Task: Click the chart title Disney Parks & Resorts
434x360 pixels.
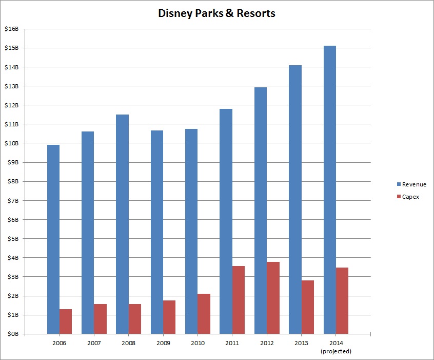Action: coord(216,14)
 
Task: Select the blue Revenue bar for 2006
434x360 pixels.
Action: coord(53,239)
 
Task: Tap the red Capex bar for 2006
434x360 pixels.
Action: coord(66,321)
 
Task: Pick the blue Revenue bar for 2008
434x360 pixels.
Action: coord(122,224)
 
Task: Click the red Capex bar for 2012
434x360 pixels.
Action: coord(273,298)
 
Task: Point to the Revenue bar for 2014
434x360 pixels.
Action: coord(330,190)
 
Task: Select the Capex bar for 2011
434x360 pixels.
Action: coord(239,300)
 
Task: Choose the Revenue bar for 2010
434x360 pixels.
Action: coord(191,231)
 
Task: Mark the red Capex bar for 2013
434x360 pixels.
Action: coord(308,307)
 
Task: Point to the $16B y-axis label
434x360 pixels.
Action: coord(11,29)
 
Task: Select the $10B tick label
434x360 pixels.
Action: coord(11,143)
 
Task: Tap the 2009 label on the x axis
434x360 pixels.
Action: coord(163,342)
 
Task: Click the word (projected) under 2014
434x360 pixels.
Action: coord(336,351)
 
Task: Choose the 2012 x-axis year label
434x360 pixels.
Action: coord(267,342)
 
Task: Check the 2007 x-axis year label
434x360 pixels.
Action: coord(94,342)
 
